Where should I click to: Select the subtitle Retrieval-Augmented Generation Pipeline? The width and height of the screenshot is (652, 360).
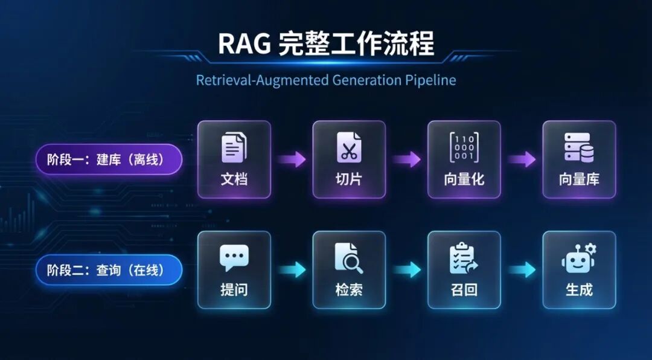tap(326, 80)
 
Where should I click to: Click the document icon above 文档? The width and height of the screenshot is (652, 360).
tap(234, 147)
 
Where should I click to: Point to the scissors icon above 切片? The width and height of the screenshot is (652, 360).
tap(349, 147)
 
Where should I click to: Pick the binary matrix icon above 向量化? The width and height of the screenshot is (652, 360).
tap(464, 147)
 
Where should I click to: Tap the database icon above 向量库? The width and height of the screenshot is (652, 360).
tap(578, 147)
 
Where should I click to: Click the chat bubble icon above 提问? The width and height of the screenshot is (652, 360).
tap(234, 258)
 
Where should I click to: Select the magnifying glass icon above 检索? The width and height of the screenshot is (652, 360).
tap(349, 258)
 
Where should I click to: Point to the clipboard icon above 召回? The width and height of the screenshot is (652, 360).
tap(464, 258)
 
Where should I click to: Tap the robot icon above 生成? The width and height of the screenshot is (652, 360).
tap(578, 258)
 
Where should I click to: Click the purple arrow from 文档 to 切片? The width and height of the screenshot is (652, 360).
tap(292, 159)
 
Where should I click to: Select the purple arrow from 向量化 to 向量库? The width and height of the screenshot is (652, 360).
tap(522, 159)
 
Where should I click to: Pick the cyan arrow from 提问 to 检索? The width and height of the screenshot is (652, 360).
tap(292, 270)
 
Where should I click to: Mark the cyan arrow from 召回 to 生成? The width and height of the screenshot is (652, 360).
tap(522, 270)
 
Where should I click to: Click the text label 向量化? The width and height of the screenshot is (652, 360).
tap(464, 179)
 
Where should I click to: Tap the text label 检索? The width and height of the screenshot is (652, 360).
tap(349, 290)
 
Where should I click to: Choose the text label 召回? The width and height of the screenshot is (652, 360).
tap(464, 290)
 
